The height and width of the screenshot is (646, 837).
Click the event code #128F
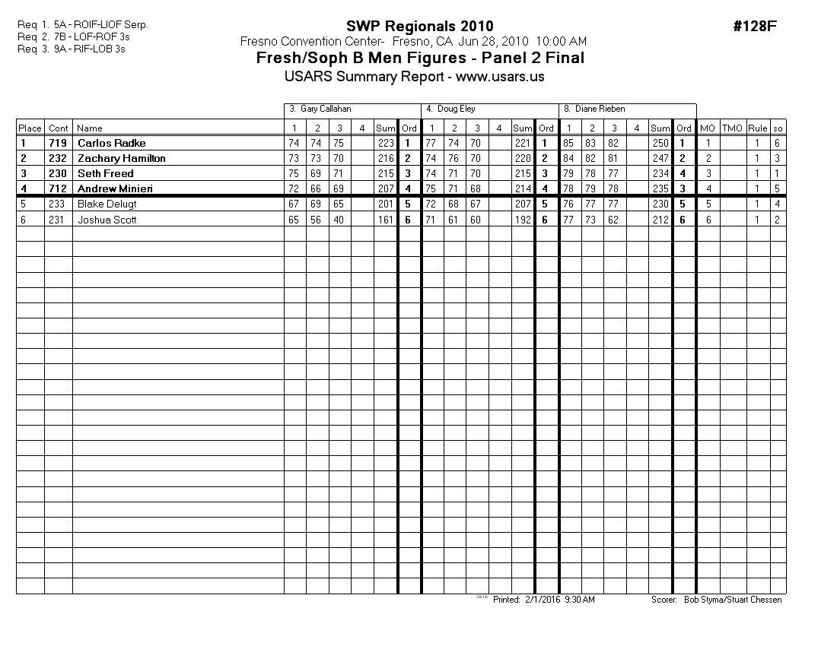point(754,27)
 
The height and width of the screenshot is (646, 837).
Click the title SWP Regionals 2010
point(419,27)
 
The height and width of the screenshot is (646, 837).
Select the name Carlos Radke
point(111,143)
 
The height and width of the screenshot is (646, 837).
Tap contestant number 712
point(58,188)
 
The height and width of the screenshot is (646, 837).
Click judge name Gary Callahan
point(325,109)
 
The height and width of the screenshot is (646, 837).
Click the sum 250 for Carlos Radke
point(660,143)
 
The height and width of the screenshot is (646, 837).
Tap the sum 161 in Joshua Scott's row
point(385,220)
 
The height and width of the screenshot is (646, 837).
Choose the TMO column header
point(731,128)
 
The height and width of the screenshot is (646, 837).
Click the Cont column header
point(58,128)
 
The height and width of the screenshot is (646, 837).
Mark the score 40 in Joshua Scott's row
point(339,220)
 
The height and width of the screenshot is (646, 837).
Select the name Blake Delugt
point(107,204)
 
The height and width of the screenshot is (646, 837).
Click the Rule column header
point(757,128)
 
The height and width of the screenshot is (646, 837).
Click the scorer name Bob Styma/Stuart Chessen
point(732,600)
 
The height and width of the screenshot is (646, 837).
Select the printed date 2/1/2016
point(543,600)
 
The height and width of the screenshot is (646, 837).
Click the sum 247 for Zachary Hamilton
point(660,158)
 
